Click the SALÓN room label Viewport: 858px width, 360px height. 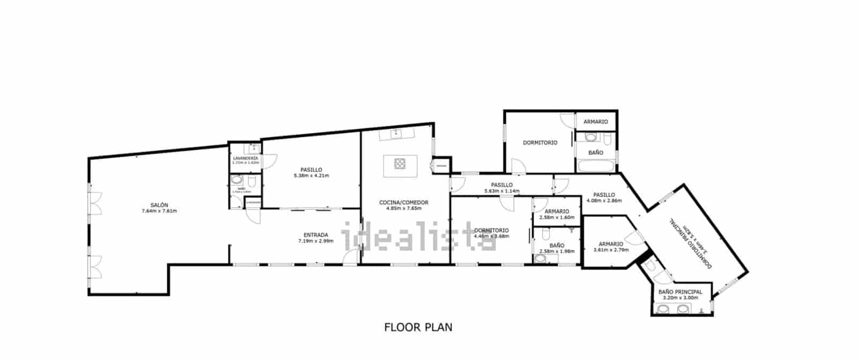click(159, 205)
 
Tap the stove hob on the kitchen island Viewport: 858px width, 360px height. click(401, 163)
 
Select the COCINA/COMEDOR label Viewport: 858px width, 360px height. click(403, 202)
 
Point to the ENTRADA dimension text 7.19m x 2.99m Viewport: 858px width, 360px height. click(316, 241)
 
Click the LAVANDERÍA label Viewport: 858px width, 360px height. click(246, 158)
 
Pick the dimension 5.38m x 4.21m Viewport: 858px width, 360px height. click(311, 175)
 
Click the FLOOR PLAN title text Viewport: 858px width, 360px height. click(418, 327)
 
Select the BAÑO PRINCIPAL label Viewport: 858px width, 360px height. click(680, 292)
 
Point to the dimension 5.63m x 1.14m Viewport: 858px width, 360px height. click(502, 191)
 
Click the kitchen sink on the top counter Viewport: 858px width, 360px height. click(395, 134)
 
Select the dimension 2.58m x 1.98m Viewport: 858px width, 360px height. click(557, 251)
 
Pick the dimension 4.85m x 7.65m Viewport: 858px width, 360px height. click(403, 208)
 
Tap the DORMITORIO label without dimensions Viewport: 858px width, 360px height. click(540, 143)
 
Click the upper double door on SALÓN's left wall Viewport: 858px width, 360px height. click(94, 203)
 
